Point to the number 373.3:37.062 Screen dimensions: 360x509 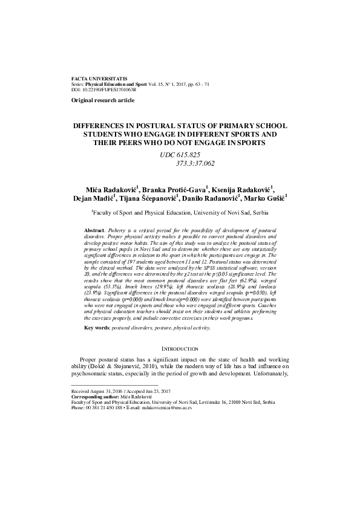(195, 163)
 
